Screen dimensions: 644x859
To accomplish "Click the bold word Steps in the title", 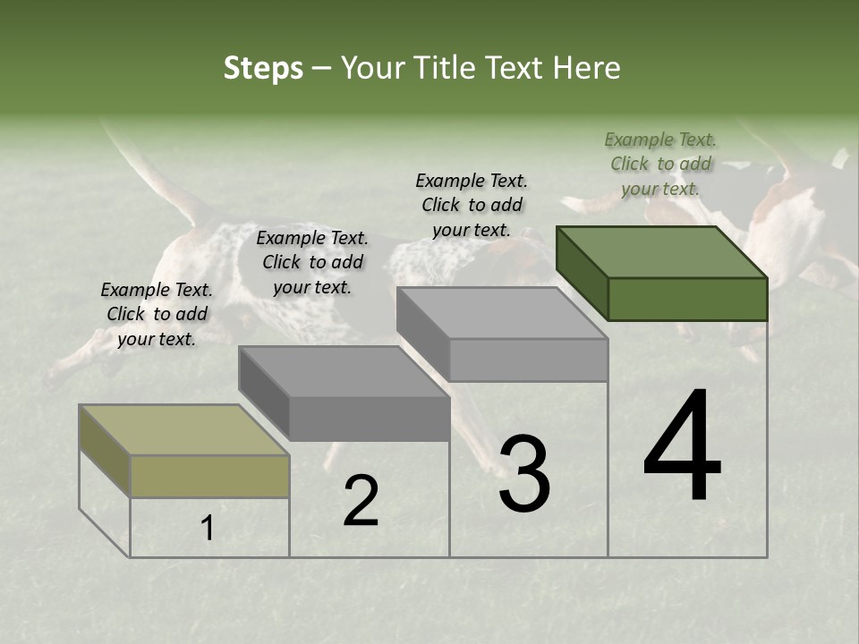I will click(263, 68).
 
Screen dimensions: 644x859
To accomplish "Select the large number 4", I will click(683, 447).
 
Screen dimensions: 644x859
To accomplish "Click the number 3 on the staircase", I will click(524, 474).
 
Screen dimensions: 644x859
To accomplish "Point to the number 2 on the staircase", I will click(361, 501).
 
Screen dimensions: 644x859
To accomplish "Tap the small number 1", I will click(208, 529).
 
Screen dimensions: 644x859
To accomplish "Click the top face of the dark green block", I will click(662, 251).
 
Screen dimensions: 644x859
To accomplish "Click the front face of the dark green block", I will click(687, 299).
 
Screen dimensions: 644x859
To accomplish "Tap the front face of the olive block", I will click(209, 476).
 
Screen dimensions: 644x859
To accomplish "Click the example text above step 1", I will click(157, 314).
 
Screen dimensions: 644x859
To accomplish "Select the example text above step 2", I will click(312, 262).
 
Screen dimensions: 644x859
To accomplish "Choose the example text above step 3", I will click(472, 205).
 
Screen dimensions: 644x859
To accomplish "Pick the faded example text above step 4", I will click(660, 164).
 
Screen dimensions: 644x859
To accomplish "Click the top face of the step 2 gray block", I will click(344, 371).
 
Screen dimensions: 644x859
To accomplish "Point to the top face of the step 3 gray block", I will click(502, 313).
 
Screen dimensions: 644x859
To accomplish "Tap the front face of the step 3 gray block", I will click(528, 360).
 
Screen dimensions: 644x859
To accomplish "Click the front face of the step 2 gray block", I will click(369, 419).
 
